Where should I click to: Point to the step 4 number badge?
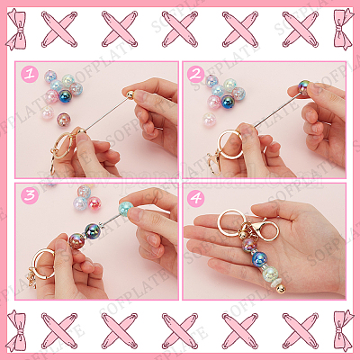tap(195, 195)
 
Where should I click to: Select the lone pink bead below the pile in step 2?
tap(209, 120)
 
